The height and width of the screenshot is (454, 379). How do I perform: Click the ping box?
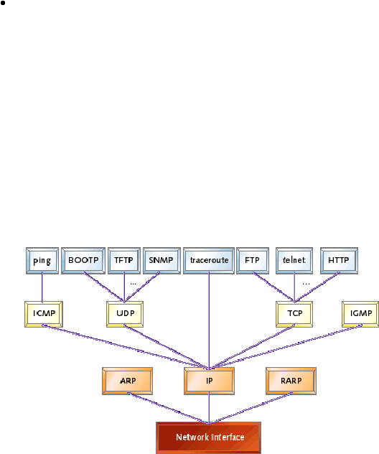(x=42, y=261)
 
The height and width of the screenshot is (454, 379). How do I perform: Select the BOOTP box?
(x=83, y=261)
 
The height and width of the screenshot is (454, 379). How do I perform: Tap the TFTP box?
(x=124, y=261)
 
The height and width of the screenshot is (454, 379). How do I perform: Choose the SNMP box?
(x=162, y=261)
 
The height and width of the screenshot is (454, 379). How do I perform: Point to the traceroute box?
(x=209, y=261)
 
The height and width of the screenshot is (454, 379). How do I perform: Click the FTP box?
(x=253, y=261)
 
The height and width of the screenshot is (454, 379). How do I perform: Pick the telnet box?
(x=294, y=261)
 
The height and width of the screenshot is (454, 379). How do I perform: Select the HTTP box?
(x=339, y=261)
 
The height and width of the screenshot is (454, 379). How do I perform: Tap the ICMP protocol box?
(x=44, y=314)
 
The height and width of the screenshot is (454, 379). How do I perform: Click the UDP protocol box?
(x=125, y=314)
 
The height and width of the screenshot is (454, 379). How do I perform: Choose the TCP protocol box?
(x=294, y=314)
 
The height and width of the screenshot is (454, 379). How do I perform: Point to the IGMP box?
(x=360, y=314)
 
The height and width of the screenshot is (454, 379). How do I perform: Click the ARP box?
(x=127, y=381)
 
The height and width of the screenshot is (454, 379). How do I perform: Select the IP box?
(x=209, y=381)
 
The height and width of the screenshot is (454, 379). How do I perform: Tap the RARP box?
(x=291, y=381)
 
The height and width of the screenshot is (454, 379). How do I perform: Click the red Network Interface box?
(x=209, y=437)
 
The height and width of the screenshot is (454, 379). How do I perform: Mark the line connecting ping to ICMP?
(x=42, y=287)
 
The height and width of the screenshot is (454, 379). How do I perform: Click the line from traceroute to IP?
(x=209, y=320)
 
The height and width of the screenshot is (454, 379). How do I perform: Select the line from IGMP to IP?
(x=286, y=347)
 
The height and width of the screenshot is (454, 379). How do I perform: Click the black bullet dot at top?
(x=3, y=3)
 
